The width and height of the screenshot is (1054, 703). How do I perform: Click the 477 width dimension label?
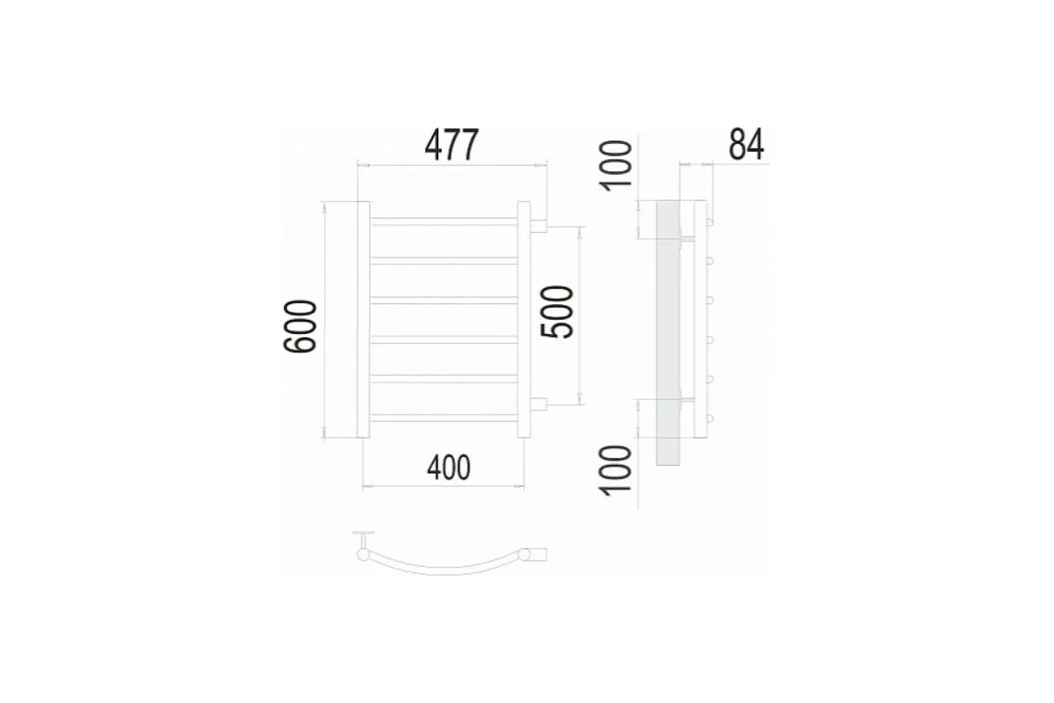[451, 145]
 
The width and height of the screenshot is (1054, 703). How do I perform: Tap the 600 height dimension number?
[300, 326]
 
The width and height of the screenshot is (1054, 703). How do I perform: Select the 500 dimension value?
[557, 312]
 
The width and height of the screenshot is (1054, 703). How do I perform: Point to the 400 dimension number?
[449, 467]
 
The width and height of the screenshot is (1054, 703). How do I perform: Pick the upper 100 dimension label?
[616, 166]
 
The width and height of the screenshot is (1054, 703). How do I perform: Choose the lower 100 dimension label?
[615, 471]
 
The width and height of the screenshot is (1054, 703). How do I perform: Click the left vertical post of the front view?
[364, 320]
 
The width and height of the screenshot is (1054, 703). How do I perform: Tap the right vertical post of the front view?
[523, 320]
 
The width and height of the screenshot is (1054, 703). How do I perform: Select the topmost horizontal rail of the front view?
[444, 221]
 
